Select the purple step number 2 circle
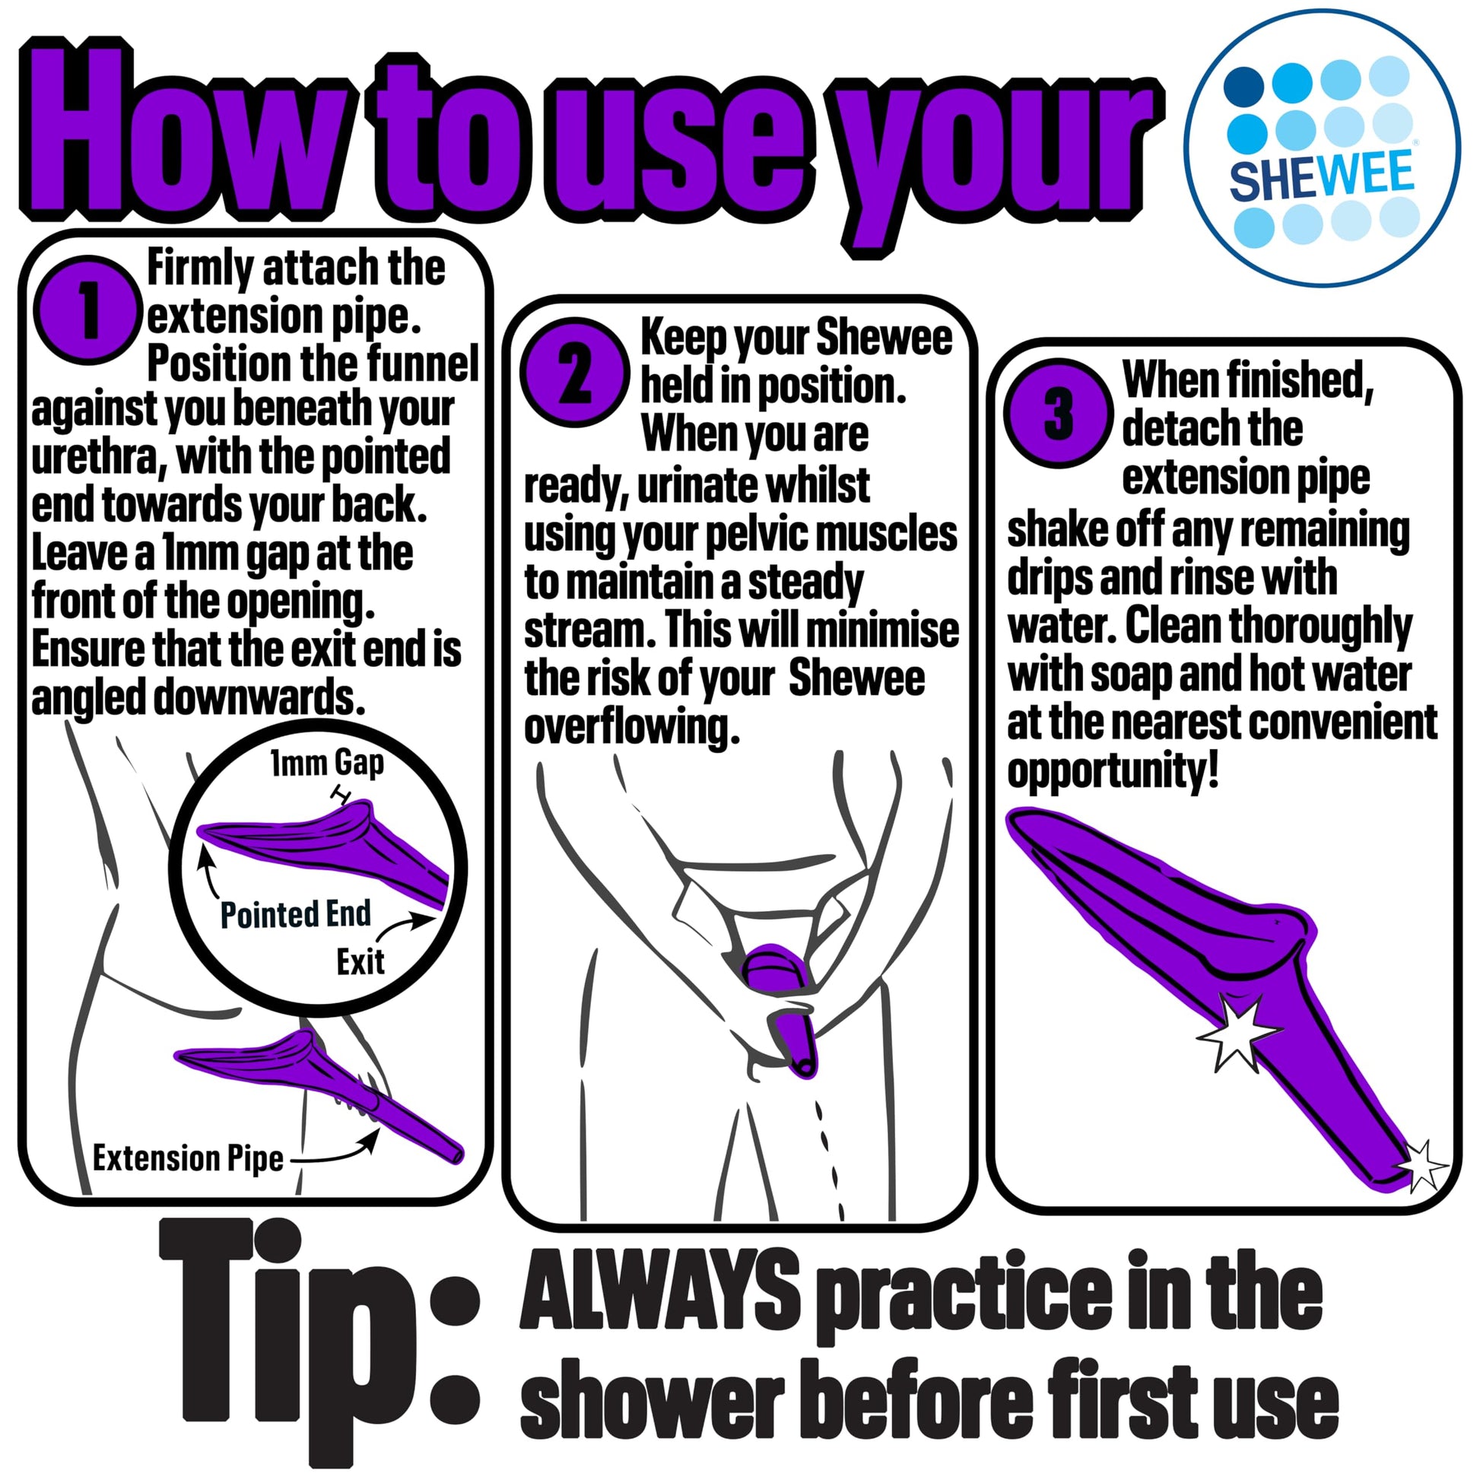(574, 373)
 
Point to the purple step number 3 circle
(1057, 412)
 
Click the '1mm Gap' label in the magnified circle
(327, 763)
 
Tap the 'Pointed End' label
(295, 915)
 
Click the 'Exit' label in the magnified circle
(360, 962)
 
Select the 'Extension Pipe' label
(188, 1158)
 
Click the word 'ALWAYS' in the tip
(659, 1291)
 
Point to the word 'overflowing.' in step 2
(632, 728)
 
